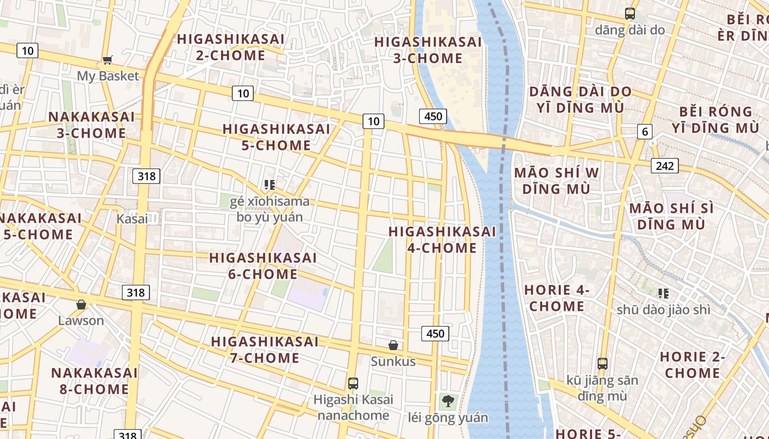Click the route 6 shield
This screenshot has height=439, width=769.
(645, 132)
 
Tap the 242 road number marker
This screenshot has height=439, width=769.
(665, 165)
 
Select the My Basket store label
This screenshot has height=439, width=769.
(108, 76)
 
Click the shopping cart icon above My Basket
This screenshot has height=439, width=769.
(108, 60)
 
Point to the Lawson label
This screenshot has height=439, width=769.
(81, 320)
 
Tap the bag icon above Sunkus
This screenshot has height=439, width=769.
(393, 345)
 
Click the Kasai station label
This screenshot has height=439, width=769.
(132, 218)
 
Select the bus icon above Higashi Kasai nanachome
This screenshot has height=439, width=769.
(353, 383)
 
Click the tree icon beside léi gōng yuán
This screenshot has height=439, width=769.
(448, 401)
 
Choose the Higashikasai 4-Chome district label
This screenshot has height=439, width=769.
(442, 240)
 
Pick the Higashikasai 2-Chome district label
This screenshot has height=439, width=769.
(231, 47)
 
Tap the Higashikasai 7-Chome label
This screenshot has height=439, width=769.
(265, 350)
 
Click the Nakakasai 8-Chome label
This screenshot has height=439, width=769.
(94, 381)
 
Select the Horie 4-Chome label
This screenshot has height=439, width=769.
(557, 298)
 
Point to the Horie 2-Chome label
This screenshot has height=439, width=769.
(693, 365)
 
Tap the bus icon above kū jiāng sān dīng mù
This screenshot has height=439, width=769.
(603, 363)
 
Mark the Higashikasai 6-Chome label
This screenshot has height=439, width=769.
(263, 266)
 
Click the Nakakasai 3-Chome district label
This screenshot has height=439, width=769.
(91, 125)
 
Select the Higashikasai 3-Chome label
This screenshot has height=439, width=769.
(428, 50)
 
